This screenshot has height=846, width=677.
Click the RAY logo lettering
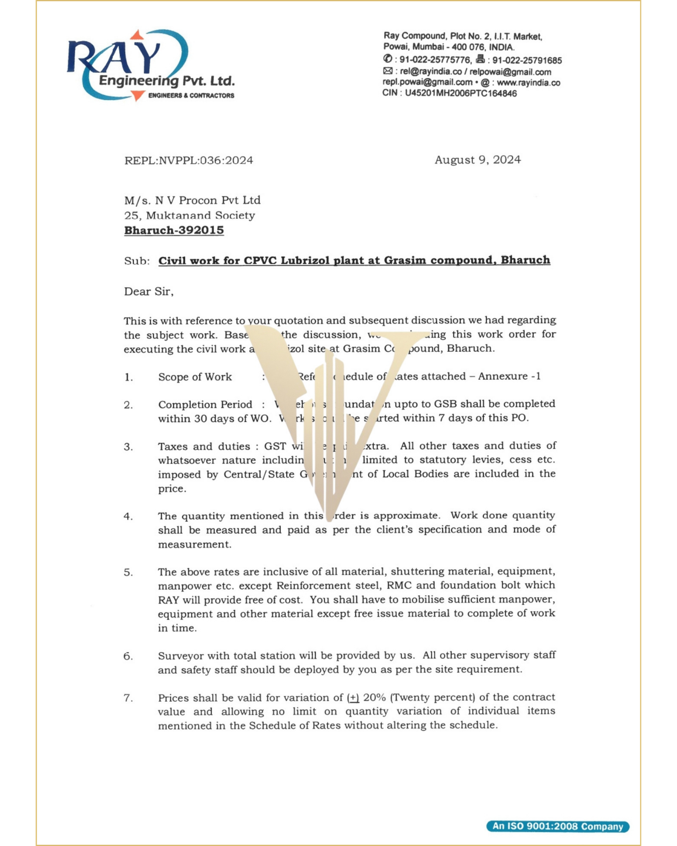click(114, 57)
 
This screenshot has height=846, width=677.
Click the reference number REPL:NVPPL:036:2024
click(189, 161)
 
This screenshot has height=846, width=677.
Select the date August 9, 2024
click(478, 160)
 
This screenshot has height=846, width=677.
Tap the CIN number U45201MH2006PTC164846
click(461, 93)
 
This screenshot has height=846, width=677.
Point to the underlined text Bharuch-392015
click(174, 231)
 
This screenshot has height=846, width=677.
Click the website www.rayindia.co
click(528, 83)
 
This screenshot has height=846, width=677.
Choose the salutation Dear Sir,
click(149, 292)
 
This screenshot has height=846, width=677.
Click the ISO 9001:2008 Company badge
click(558, 826)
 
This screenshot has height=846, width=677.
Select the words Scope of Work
click(195, 377)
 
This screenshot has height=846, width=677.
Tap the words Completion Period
click(205, 405)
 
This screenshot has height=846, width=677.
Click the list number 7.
click(128, 698)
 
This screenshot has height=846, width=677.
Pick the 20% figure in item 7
click(374, 698)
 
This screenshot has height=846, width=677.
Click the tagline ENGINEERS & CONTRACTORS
click(191, 96)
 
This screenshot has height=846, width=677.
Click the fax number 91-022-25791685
click(527, 60)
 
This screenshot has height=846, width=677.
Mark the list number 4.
click(128, 516)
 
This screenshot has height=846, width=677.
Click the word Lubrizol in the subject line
click(305, 260)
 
